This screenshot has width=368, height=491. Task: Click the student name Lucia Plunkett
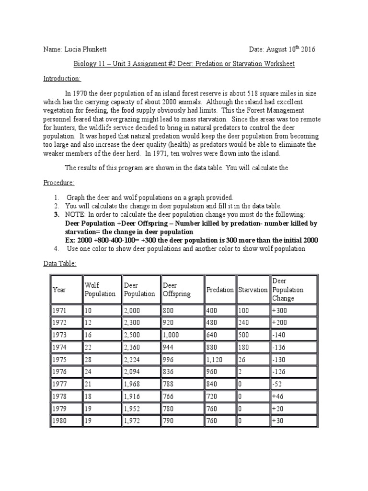pyautogui.click(x=88, y=49)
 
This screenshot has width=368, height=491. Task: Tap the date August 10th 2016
pyautogui.click(x=282, y=49)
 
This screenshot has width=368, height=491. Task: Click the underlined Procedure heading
pyautogui.click(x=59, y=183)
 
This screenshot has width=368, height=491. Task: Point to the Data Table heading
pyautogui.click(x=60, y=264)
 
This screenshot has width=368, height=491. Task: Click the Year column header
pyautogui.click(x=59, y=290)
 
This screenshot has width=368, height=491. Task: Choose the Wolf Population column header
pyautogui.click(x=100, y=290)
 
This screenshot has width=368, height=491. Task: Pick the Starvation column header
pyautogui.click(x=253, y=290)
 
